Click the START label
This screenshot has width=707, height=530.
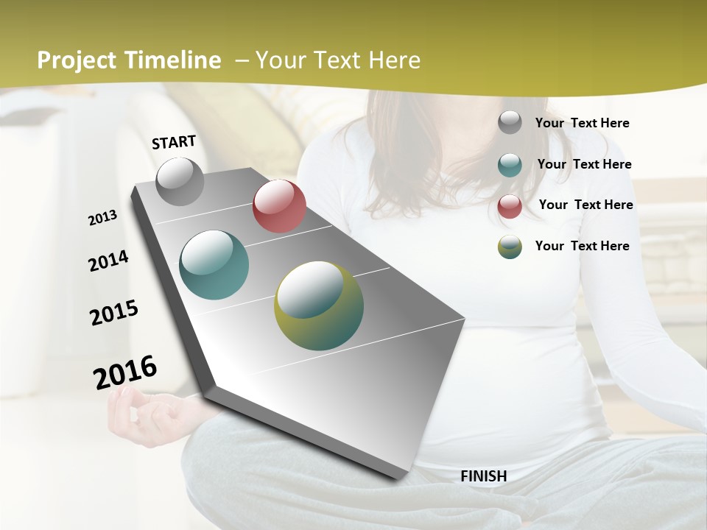[x=174, y=142]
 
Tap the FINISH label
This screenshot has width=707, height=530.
[x=483, y=476]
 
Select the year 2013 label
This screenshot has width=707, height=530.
[x=102, y=218]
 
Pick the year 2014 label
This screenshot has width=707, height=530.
[x=108, y=261]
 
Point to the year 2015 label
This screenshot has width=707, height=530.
[x=113, y=313]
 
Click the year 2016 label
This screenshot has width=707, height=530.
[x=125, y=372]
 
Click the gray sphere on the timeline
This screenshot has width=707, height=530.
[x=180, y=181]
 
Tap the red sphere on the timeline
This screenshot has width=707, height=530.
[x=279, y=206]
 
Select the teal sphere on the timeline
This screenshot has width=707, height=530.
[x=214, y=265]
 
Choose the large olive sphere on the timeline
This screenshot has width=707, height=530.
[x=319, y=305]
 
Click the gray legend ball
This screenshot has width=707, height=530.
[x=510, y=123]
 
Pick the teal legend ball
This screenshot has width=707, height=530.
[x=510, y=165]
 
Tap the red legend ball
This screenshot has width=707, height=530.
[x=510, y=206]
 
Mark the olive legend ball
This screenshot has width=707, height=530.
[x=510, y=247]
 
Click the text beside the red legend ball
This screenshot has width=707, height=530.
[x=585, y=205]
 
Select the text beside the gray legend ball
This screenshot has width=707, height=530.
[x=582, y=123]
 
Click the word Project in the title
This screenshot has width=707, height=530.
[x=77, y=60]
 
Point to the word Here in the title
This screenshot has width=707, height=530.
[x=394, y=60]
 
